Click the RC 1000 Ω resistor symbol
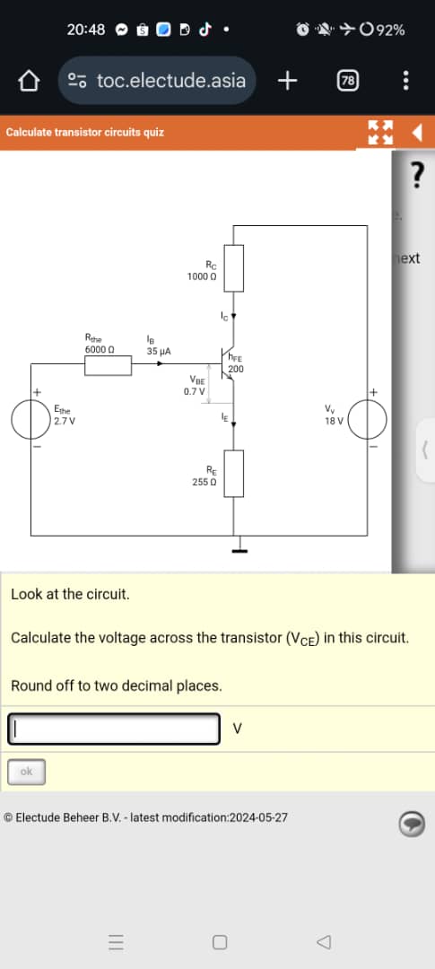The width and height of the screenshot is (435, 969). pos(233,268)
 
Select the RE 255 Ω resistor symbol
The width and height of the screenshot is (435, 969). pos(233,474)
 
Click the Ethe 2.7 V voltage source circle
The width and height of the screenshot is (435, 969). pos(31,419)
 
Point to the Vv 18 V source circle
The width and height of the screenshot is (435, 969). pos(368,419)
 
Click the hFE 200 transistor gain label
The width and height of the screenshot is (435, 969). pos(236,363)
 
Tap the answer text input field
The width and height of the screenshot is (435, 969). pos(115,729)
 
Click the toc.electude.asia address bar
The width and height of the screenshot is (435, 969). pos(158,81)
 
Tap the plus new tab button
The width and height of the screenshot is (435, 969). pos(287,81)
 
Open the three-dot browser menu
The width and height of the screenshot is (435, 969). pos(406,81)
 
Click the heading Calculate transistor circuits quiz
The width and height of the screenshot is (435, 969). pos(85,132)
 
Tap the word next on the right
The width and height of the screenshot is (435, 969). pos(409,258)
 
